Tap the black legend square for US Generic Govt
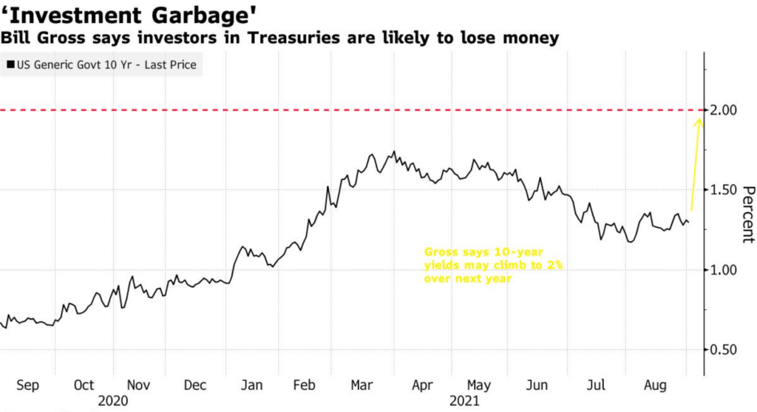point(10,65)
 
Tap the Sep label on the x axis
point(27,385)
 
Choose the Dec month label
point(195,385)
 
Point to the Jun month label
point(537,385)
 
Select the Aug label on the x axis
point(653,385)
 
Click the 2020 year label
point(112,401)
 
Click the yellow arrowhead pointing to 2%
point(699,121)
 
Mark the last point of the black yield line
point(689,223)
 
